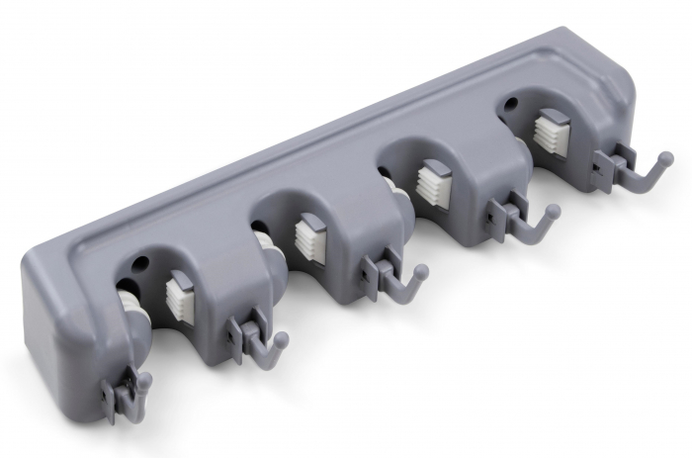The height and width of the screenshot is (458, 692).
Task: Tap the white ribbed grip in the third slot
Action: point(433,184)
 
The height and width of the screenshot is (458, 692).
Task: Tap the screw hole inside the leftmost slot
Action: point(138,265)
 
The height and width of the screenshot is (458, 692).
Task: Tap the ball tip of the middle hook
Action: point(421,270)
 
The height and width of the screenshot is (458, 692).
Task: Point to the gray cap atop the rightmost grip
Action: point(556,115)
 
